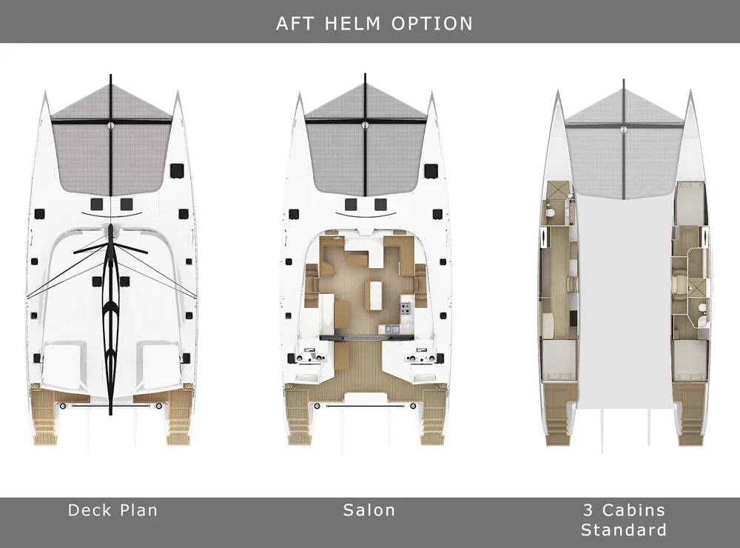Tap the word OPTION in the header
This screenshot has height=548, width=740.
tap(435, 22)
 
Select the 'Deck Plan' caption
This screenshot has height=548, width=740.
tap(112, 509)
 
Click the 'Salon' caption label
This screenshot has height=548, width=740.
tap(369, 509)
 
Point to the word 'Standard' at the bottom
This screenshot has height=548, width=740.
tap(623, 529)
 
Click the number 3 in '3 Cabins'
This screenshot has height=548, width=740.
tap(588, 509)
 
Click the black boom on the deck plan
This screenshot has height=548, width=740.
tap(110, 311)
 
